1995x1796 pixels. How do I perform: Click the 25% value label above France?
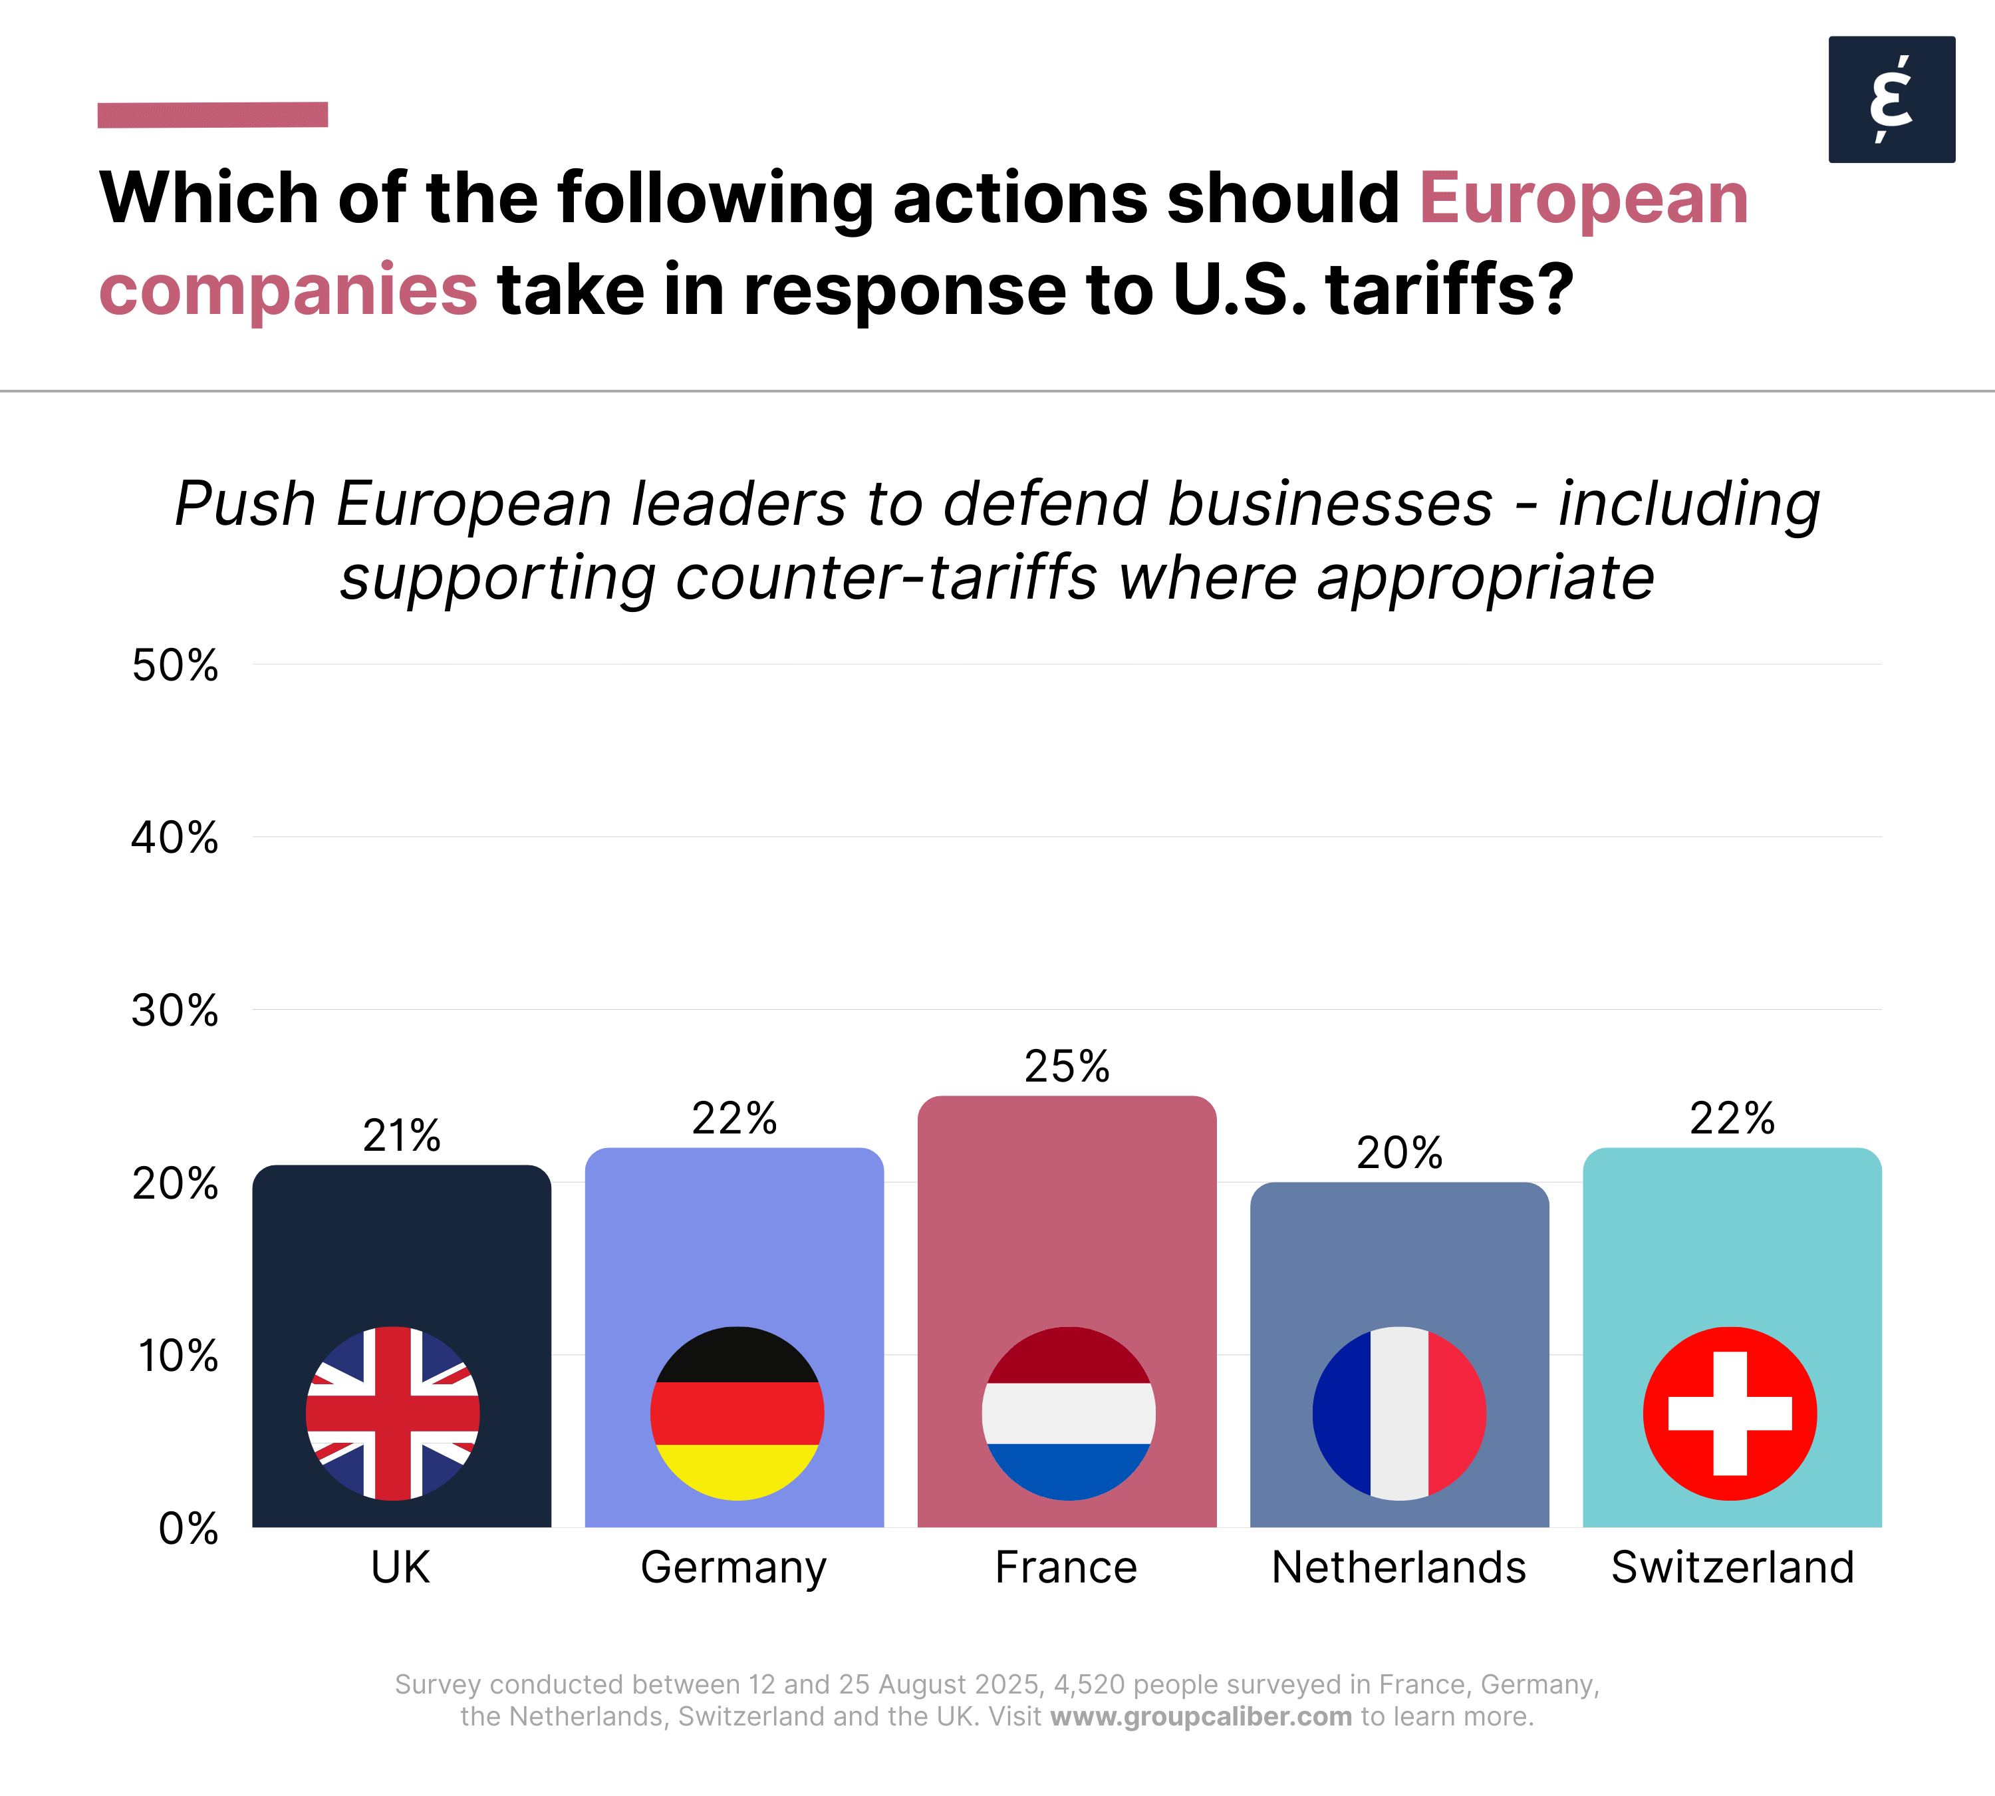1067,1066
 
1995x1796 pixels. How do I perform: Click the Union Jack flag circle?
393,1413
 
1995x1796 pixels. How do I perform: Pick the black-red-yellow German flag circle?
737,1413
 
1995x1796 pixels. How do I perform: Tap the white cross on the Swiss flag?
1730,1413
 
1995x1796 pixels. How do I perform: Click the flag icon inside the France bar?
1069,1413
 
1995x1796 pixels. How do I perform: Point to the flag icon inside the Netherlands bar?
1399,1413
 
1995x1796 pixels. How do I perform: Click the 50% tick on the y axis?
176,665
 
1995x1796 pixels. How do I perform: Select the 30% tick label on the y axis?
176,1010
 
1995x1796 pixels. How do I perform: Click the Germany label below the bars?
734,1567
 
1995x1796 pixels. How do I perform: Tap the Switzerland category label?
1732,1567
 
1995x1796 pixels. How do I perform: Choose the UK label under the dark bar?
400,1567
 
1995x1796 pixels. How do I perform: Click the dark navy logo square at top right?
1891,98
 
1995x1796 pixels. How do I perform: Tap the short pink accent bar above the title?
212,114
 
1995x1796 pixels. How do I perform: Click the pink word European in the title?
1583,198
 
